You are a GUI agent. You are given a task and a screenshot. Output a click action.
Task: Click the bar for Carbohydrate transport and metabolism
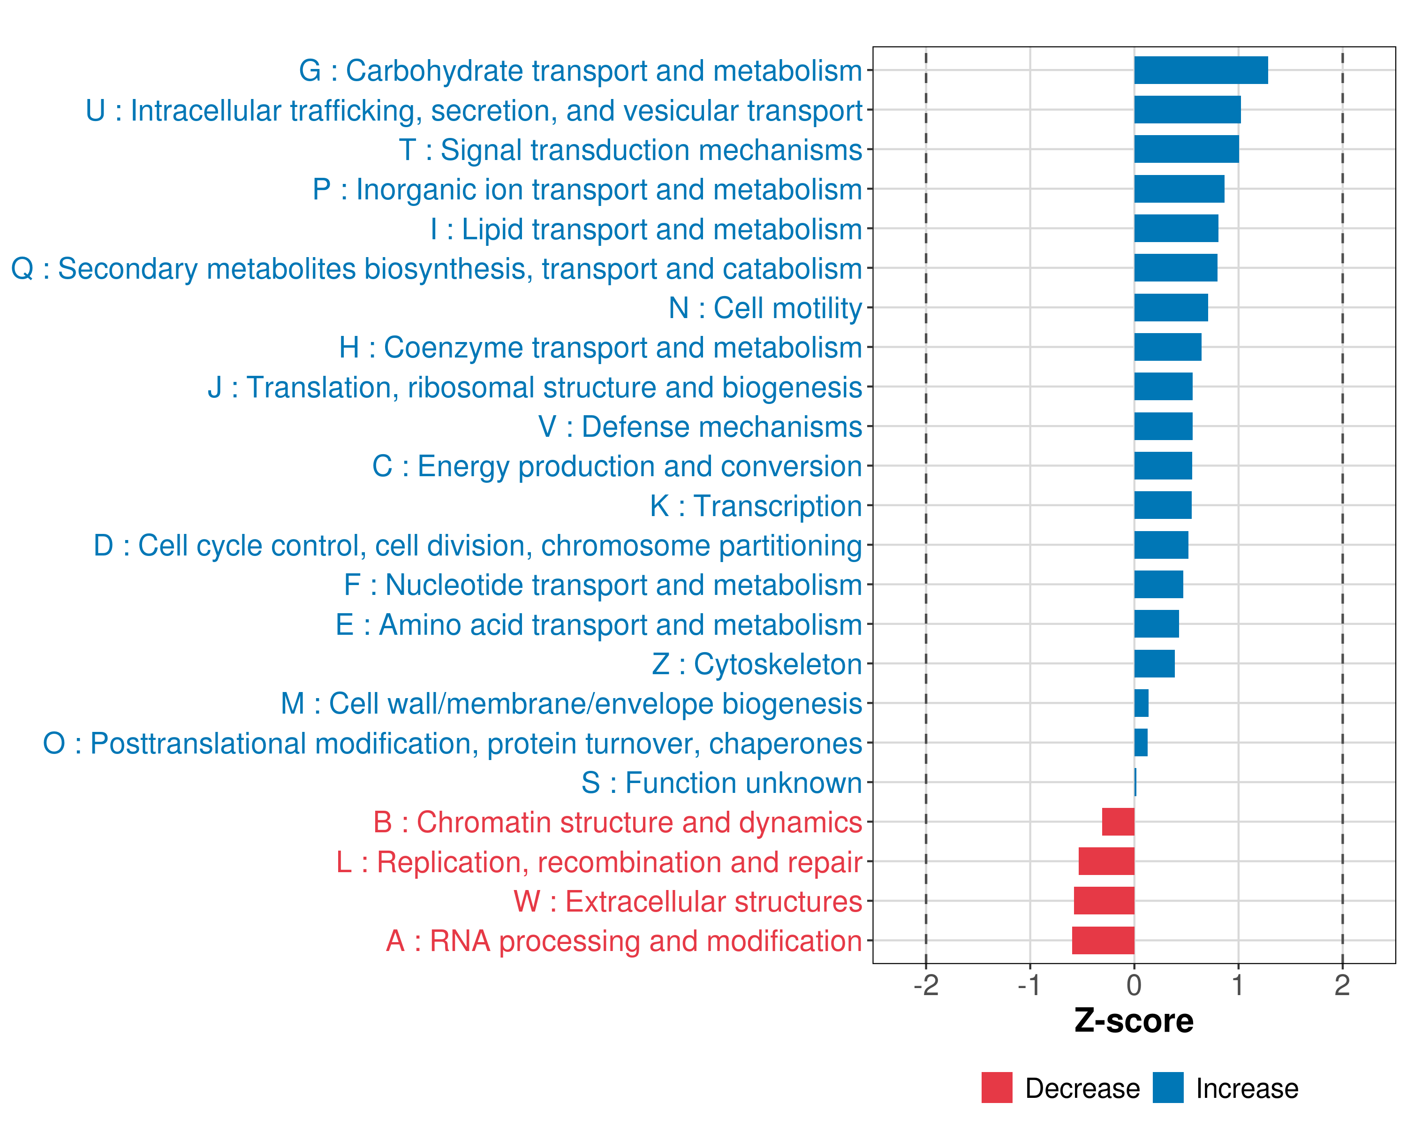[x=1201, y=70]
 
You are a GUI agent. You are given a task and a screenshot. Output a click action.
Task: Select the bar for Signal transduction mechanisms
[x=1186, y=150]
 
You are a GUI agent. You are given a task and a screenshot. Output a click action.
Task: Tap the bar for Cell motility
[x=1171, y=307]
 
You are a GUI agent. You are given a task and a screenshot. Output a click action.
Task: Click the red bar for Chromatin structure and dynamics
[x=1118, y=822]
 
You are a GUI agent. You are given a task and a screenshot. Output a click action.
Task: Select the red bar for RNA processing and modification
[x=1103, y=941]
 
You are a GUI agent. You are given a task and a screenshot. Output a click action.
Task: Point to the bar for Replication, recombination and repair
[x=1106, y=862]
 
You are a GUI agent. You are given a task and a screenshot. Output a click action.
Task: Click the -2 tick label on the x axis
[x=925, y=985]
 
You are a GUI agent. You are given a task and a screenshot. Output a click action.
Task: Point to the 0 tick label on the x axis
[x=1134, y=985]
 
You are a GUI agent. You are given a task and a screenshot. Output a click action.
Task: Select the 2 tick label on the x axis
[x=1342, y=985]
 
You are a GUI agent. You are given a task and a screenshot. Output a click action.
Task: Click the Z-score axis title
[x=1134, y=1021]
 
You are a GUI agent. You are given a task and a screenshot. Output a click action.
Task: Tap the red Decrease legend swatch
[x=997, y=1088]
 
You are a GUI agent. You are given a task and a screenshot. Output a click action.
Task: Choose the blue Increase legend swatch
[x=1167, y=1088]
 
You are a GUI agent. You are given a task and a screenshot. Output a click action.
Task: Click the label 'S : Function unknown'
[x=721, y=783]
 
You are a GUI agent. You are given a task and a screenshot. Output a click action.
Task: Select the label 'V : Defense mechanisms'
[x=700, y=427]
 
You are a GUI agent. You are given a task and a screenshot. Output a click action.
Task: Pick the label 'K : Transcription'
[x=756, y=506]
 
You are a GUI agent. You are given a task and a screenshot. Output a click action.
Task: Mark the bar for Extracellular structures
[x=1104, y=901]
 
